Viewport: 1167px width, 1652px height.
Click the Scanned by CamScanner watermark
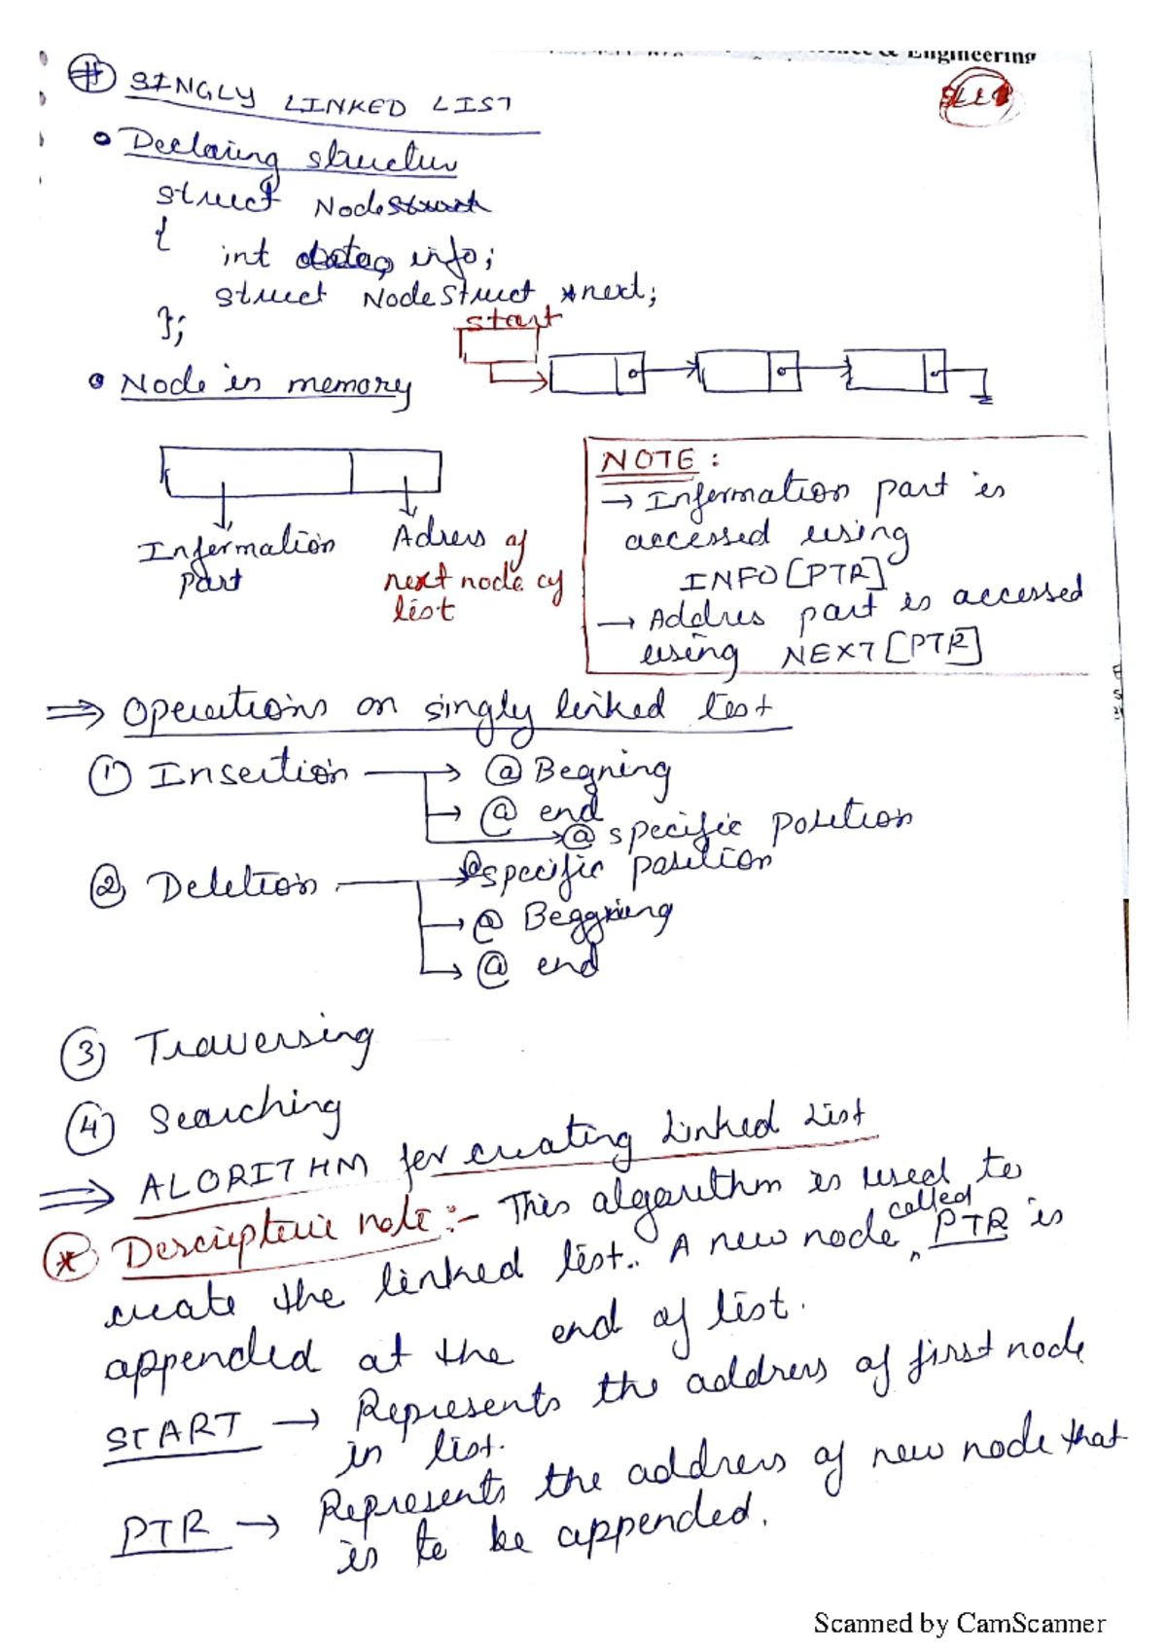point(959,1623)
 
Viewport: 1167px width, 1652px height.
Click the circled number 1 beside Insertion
point(109,777)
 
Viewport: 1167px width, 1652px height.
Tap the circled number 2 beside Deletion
point(106,888)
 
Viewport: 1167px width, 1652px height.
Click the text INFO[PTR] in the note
point(783,578)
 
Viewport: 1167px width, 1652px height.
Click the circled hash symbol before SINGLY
point(91,76)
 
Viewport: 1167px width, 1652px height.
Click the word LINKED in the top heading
point(345,105)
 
